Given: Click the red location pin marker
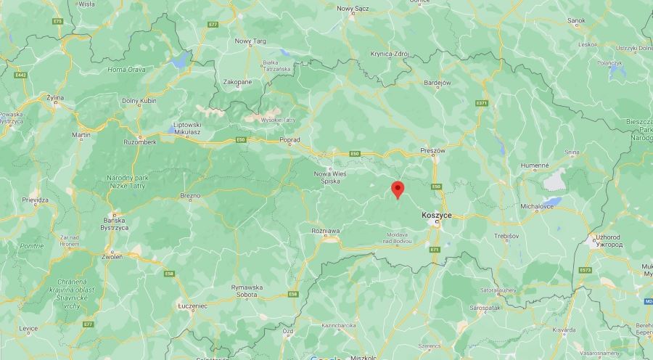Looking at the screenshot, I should tap(397, 189).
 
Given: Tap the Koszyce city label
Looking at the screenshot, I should tap(437, 216).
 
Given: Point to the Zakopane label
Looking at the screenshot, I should tap(238, 82).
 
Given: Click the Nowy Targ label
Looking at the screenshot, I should tap(250, 41).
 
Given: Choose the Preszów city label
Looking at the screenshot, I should tap(432, 151).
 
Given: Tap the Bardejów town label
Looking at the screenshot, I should tap(438, 83).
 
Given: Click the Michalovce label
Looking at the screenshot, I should tap(537, 207).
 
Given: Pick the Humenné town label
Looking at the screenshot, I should tap(535, 165).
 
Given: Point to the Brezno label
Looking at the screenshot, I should tap(190, 195).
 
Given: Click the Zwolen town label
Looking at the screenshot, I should tap(112, 257).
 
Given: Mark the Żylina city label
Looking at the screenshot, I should tap(54, 97).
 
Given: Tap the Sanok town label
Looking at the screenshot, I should tap(576, 20).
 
